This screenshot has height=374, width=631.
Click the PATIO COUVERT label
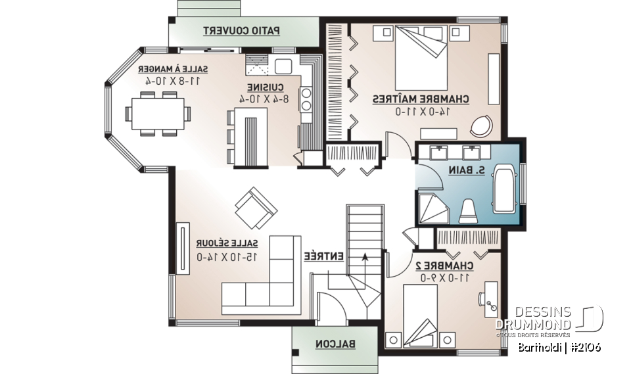point(241,30)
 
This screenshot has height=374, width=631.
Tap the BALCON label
point(335,343)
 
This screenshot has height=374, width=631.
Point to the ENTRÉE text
point(323,256)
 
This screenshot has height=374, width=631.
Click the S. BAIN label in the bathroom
point(471,170)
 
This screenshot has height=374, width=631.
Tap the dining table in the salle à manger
point(158,114)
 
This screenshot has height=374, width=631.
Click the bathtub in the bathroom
point(506,189)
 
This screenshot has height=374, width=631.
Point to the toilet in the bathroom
point(468,209)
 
